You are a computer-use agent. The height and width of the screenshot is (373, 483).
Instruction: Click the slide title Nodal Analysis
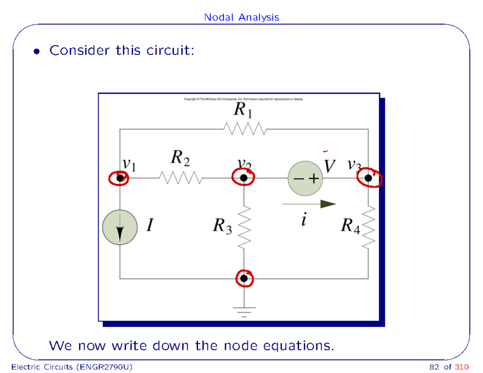tap(242, 17)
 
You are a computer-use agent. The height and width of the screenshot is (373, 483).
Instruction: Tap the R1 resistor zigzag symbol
tap(245, 129)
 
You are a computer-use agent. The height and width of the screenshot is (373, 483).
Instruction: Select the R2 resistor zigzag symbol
tap(181, 178)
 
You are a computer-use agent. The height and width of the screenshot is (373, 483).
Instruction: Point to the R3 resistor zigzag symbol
tap(244, 227)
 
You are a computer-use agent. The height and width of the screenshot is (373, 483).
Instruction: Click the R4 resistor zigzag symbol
tap(369, 227)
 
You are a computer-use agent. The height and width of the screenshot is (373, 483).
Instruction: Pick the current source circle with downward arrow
tap(120, 227)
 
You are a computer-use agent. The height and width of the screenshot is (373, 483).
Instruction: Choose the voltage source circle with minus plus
tap(305, 178)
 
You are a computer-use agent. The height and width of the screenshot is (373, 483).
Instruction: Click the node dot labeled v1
tap(120, 178)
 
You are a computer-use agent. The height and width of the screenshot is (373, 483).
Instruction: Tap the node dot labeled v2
tap(244, 178)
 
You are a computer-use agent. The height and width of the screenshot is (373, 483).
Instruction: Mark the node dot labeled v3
tap(368, 178)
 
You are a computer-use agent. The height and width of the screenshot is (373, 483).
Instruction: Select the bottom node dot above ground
tap(244, 278)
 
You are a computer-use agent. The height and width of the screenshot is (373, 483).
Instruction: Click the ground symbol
tap(244, 312)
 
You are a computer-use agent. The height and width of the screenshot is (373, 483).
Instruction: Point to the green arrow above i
tap(309, 204)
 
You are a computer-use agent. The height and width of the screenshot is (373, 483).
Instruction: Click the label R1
tap(243, 110)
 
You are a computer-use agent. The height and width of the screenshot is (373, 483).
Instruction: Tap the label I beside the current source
tap(150, 225)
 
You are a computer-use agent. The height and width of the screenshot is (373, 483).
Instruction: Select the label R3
tap(222, 226)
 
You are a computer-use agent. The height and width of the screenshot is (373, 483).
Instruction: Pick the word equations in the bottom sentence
tap(299, 346)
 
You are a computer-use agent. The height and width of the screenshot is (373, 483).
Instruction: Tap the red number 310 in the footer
tap(462, 367)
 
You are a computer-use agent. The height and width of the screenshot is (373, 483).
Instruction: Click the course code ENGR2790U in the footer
tap(104, 367)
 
